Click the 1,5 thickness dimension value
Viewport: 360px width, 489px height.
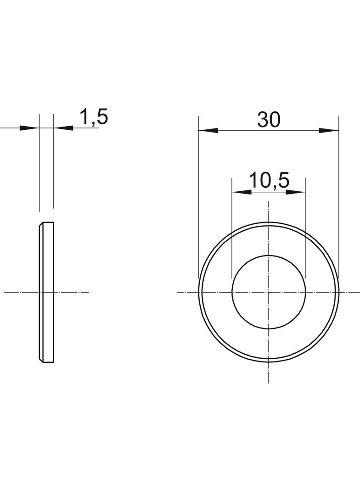94,117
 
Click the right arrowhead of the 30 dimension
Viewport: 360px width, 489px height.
329,130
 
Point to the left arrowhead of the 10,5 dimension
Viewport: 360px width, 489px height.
242,192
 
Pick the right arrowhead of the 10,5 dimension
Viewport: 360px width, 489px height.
296,192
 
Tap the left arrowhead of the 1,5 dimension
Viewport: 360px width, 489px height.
30,128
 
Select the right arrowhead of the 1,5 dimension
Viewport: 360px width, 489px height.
63,128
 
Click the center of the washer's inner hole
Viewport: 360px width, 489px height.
269,292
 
